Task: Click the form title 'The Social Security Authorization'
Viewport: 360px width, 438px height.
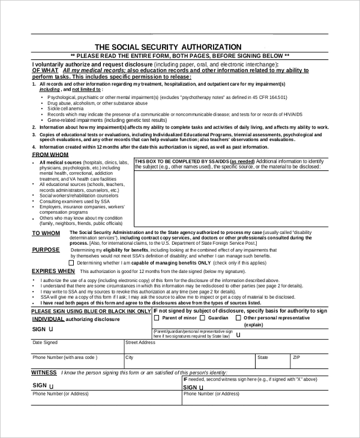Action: (x=168, y=47)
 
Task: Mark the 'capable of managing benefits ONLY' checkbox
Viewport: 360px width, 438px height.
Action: (x=72, y=262)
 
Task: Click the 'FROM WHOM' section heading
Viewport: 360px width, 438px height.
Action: (x=50, y=155)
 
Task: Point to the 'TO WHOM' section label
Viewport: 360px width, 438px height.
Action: (x=46, y=233)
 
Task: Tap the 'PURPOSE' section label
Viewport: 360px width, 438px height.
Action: (x=46, y=250)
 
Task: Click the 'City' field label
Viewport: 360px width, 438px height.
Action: (x=129, y=357)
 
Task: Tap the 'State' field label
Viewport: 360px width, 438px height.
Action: (x=263, y=357)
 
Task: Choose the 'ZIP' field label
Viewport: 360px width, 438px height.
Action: (x=296, y=357)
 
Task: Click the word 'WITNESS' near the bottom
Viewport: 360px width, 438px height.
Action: (x=44, y=373)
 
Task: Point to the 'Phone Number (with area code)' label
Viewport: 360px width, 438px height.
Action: (x=64, y=357)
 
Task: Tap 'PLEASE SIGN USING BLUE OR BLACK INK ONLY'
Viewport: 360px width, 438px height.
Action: (x=91, y=311)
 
